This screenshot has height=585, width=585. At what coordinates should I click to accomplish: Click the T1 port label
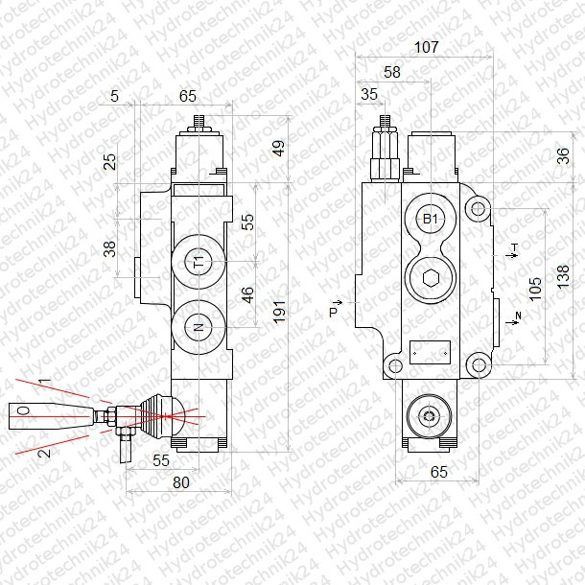[x=199, y=262]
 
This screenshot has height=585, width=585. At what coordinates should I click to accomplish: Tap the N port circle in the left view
[x=199, y=328]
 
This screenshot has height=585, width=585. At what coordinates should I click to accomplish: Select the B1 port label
[x=431, y=220]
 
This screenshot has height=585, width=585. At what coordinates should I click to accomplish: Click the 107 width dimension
[x=428, y=47]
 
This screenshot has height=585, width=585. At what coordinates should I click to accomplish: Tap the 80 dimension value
[x=180, y=482]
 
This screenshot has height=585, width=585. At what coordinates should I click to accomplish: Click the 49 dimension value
[x=279, y=148]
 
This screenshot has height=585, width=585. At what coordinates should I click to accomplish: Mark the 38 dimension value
[x=109, y=249]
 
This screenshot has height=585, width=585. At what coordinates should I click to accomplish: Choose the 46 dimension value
[x=247, y=294]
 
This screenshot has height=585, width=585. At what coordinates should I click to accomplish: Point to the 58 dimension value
[x=392, y=72]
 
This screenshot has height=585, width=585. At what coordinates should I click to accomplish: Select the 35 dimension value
[x=369, y=94]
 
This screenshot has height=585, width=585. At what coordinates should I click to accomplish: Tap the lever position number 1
[x=42, y=381]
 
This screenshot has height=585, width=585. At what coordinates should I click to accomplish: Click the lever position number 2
[x=42, y=453]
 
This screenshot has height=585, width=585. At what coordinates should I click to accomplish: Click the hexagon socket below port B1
[x=431, y=278]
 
